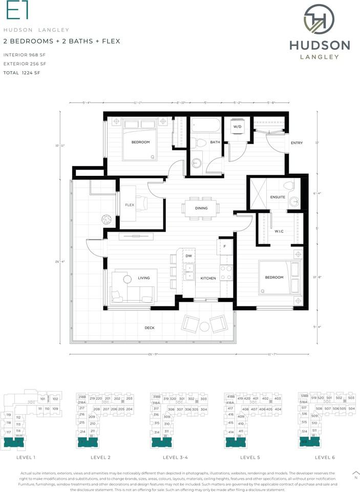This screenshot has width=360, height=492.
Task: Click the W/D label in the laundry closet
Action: [237, 127]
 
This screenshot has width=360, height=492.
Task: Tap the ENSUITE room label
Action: [279, 197]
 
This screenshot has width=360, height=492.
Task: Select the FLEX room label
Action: [130, 205]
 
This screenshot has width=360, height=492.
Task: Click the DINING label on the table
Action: [201, 208]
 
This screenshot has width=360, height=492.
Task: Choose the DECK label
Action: [149, 327]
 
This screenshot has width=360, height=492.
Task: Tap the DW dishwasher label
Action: [188, 255]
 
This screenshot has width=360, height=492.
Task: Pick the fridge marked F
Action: [224, 247]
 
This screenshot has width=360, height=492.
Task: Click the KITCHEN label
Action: [208, 278]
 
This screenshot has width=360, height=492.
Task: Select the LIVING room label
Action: [144, 278]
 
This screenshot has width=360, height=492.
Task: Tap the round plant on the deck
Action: [107, 219]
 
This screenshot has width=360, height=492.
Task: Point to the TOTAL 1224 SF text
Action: [22, 73]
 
